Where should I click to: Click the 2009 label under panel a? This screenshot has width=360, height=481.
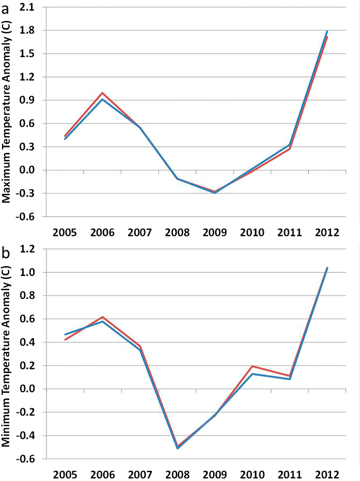click(215, 232)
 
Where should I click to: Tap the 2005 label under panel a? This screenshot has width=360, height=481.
click(64, 232)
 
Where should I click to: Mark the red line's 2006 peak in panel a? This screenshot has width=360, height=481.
click(102, 93)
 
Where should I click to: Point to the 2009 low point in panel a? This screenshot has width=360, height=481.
click(215, 193)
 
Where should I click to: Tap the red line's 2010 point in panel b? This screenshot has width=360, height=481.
click(252, 366)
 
